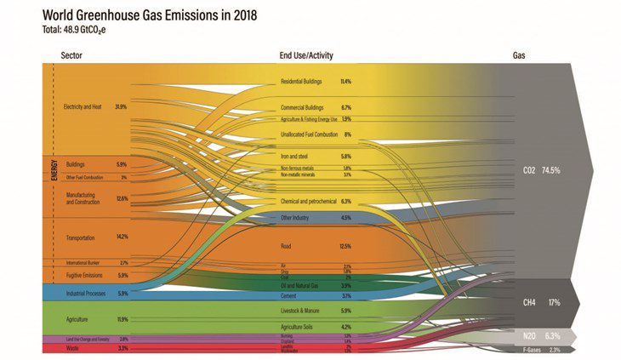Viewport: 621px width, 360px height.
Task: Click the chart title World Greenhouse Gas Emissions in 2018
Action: [x=140, y=15]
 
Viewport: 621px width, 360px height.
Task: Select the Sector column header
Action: [x=71, y=56]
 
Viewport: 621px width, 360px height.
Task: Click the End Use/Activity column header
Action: [x=306, y=56]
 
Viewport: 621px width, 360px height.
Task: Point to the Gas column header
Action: [x=519, y=56]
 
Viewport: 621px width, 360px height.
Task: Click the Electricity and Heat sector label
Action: [x=82, y=107]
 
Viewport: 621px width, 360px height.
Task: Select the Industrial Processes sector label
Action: [x=85, y=294]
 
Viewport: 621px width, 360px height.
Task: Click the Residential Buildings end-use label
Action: [x=303, y=82]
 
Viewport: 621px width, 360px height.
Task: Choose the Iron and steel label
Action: [x=294, y=157]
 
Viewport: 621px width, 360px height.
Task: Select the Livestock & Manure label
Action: [x=300, y=311]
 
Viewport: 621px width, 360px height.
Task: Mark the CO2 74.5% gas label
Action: [x=541, y=171]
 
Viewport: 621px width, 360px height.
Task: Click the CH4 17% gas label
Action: [x=540, y=302]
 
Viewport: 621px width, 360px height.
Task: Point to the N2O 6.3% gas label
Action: [x=541, y=335]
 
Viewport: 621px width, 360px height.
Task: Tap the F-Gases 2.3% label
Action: [x=541, y=349]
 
